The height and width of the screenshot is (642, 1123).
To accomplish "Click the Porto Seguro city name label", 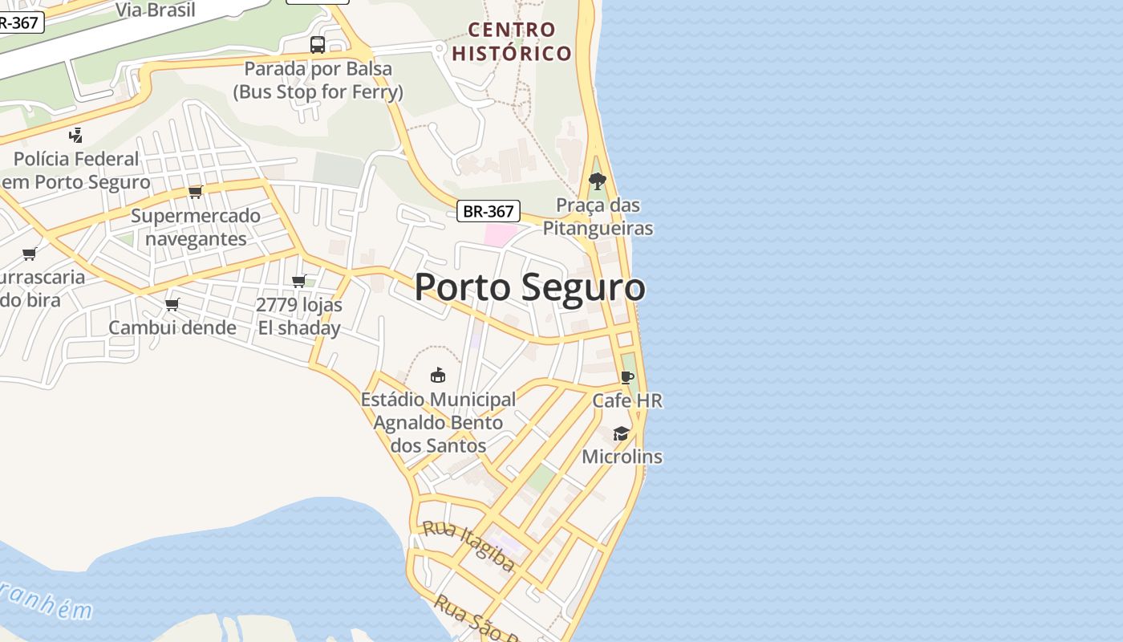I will [x=529, y=287].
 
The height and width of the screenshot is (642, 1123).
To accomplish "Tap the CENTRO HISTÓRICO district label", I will [x=512, y=42].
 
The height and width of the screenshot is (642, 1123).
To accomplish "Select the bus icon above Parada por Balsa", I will [x=318, y=44].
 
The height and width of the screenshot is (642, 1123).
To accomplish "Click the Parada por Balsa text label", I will [x=318, y=80].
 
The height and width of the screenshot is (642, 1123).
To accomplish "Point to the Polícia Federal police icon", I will [x=76, y=135].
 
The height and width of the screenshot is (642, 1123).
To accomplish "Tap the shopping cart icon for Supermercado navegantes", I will [x=195, y=192].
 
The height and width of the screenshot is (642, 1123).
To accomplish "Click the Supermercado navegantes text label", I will [x=196, y=227].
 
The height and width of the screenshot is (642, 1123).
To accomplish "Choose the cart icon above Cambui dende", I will [x=172, y=304].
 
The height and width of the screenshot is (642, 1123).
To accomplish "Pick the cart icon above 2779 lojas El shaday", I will [x=299, y=281].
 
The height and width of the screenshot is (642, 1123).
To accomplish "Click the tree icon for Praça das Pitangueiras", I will [x=597, y=181].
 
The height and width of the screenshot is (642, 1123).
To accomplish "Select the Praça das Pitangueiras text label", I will [x=598, y=217].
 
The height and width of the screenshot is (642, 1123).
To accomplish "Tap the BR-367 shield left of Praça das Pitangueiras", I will [x=489, y=211].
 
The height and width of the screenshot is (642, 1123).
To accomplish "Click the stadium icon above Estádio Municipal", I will [x=438, y=375].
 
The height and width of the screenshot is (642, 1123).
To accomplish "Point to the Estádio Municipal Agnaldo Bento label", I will [x=438, y=422].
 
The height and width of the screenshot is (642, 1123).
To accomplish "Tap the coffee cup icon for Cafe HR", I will [x=627, y=377].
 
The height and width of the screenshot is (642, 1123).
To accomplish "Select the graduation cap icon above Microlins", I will [x=622, y=433].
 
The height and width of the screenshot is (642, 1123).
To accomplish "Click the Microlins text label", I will [x=622, y=457].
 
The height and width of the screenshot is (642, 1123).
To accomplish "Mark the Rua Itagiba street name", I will [x=468, y=546].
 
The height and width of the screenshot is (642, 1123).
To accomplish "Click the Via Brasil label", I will [x=156, y=10].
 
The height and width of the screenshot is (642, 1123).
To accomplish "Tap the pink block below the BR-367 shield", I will [x=501, y=235].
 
